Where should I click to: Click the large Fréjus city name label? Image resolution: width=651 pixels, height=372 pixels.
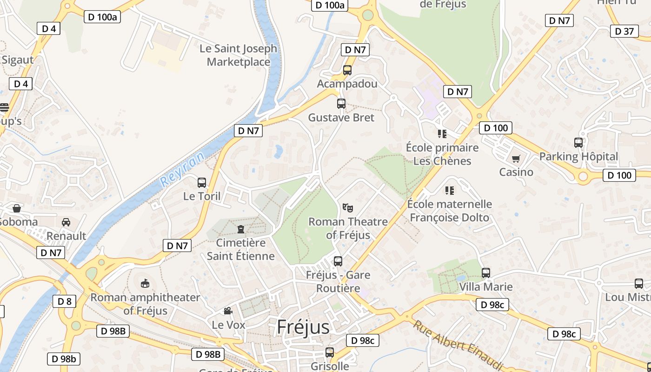(x=303, y=327)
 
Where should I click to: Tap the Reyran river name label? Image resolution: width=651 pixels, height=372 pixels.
(x=182, y=170)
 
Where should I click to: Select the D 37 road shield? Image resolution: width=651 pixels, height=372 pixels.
(x=624, y=31)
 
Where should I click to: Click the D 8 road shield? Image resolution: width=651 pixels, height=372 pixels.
(x=64, y=301)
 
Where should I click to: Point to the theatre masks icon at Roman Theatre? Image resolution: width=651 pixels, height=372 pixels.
(x=347, y=208)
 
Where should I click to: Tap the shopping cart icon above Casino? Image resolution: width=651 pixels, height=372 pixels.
(x=516, y=159)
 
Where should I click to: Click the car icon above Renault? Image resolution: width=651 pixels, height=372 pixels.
(x=66, y=222)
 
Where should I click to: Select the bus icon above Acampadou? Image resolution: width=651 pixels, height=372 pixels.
(x=347, y=70)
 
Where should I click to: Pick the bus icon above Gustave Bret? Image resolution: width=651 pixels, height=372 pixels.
(x=341, y=104)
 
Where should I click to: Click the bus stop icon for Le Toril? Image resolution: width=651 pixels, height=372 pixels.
(x=202, y=183)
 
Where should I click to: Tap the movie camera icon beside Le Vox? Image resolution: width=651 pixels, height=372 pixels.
(x=228, y=311)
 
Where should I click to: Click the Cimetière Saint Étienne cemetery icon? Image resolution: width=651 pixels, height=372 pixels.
(x=241, y=229)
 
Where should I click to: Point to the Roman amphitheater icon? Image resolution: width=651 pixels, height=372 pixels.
(x=145, y=283)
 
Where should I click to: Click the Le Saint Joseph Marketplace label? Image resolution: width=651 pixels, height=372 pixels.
(x=238, y=55)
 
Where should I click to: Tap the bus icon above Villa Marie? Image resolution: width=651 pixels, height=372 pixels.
(x=486, y=273)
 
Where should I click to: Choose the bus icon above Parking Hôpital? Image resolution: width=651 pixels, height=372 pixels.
(x=578, y=143)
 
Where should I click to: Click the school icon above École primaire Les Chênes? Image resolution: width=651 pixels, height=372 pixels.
(x=442, y=134)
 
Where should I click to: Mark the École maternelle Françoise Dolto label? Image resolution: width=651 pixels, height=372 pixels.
(x=449, y=211)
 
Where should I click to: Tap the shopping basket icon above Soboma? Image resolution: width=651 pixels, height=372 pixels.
(x=17, y=208)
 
